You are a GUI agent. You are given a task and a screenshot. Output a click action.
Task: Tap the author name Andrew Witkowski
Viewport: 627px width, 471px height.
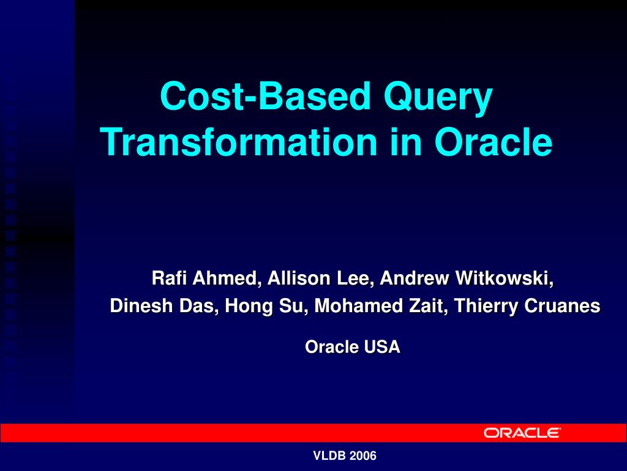[x=467, y=278]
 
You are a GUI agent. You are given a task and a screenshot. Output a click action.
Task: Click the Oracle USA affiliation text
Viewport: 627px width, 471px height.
[x=352, y=347]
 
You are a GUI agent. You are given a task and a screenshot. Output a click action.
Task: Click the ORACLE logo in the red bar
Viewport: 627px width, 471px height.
[x=522, y=433]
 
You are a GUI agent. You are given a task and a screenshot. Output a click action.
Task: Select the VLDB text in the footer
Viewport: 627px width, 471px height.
[x=330, y=456]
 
